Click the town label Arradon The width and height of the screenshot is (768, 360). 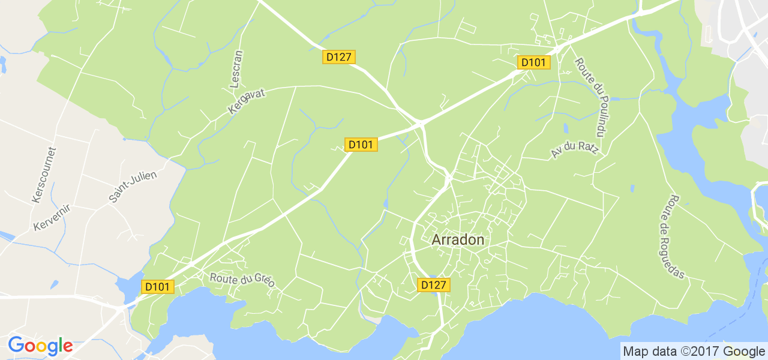(x=458, y=239)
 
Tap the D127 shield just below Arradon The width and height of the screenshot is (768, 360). (x=434, y=285)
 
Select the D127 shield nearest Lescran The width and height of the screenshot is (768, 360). (x=339, y=57)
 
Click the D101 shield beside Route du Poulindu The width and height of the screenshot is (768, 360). (x=534, y=62)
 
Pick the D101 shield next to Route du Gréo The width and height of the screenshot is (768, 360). (x=158, y=287)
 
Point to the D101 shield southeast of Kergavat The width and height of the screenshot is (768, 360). (x=361, y=145)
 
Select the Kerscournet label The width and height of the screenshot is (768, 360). (x=43, y=175)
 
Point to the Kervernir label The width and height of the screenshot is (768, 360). (x=52, y=217)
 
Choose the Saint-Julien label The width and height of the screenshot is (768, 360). (x=132, y=187)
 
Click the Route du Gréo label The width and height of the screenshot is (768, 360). (x=242, y=280)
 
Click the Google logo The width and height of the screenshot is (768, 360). (x=40, y=346)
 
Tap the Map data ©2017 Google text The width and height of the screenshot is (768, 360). (x=694, y=352)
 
